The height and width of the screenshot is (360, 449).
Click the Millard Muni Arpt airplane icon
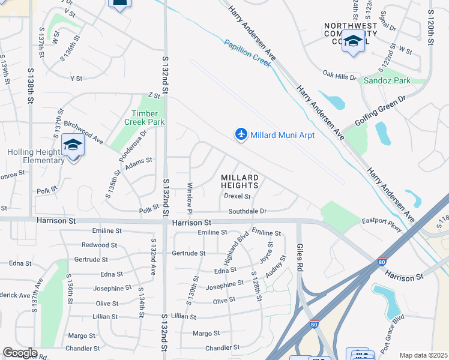[x=241, y=134]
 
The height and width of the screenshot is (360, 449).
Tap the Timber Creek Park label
[x=144, y=117]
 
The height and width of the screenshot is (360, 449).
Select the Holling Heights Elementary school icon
[x=73, y=146]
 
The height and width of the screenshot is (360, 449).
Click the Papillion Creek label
[x=247, y=53]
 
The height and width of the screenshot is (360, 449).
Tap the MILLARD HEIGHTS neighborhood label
[x=240, y=182]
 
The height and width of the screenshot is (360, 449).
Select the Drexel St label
[x=237, y=196]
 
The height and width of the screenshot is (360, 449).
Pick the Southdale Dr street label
[x=247, y=211]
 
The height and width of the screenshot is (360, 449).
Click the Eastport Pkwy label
[x=382, y=221]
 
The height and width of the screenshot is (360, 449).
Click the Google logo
[x=20, y=353]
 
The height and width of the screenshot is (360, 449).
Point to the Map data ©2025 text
[x=424, y=355]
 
